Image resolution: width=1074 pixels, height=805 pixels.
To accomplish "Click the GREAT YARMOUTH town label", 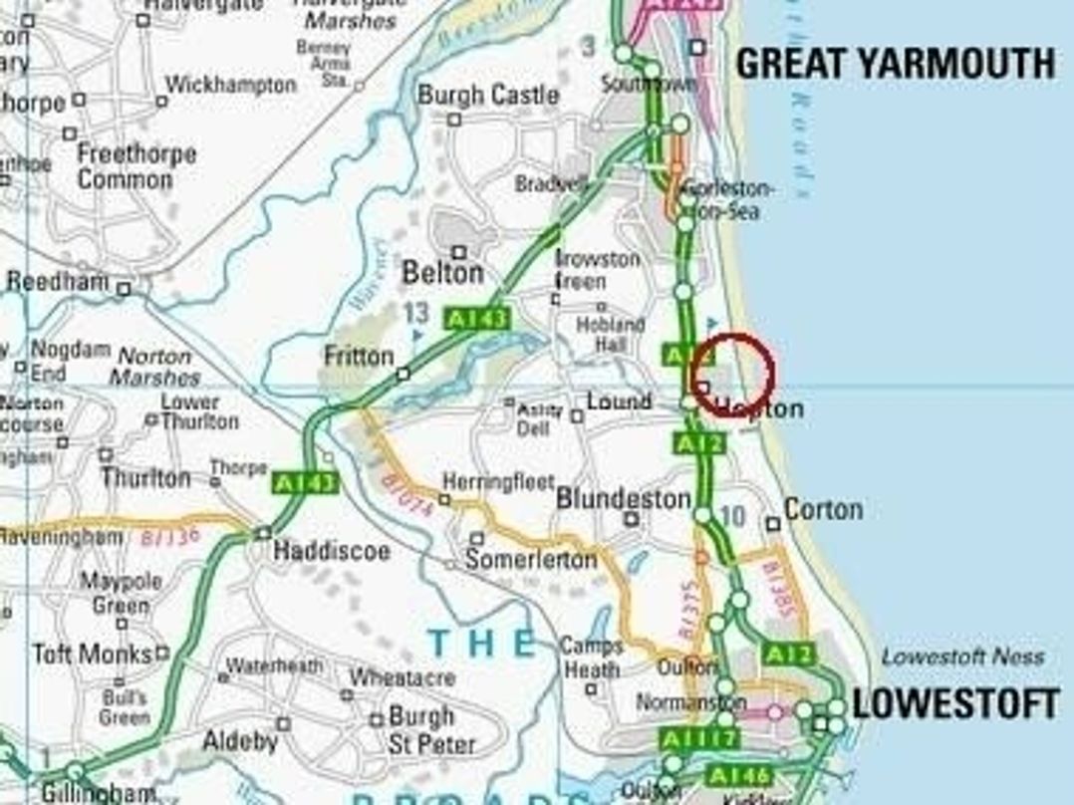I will coord(895,64).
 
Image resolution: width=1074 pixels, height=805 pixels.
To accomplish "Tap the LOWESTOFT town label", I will coord(954,704).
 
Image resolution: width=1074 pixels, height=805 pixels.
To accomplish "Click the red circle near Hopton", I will coord(732,375).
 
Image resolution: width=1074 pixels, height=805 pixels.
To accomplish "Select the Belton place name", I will coord(442,272).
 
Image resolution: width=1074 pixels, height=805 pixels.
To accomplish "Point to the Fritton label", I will coord(359,356).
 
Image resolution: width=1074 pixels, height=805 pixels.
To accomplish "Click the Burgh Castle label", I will coord(488,96).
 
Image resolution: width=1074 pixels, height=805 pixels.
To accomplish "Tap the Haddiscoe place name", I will coord(332,551).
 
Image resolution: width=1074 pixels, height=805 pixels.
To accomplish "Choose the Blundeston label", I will coord(624,498).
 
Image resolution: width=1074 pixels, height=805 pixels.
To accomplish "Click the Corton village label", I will coord(823,509).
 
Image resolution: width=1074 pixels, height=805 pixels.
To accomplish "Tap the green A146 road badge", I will coord(739,775).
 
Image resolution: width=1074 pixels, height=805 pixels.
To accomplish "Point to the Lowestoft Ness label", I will coord(962,657).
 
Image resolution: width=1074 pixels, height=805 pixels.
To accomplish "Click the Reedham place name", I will coord(57,282).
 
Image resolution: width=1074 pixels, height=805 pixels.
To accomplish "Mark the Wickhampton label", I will coord(231,85).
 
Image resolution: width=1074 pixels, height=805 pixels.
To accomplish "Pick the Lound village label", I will coord(619,402).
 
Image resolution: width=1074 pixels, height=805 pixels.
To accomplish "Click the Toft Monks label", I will coord(92,655).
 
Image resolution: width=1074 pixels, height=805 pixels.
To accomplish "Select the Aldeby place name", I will coord(240,740).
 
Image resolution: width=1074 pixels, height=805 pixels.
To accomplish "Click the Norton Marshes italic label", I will coord(154,367).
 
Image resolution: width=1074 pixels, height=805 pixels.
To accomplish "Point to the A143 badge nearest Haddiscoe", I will coord(306,483).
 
